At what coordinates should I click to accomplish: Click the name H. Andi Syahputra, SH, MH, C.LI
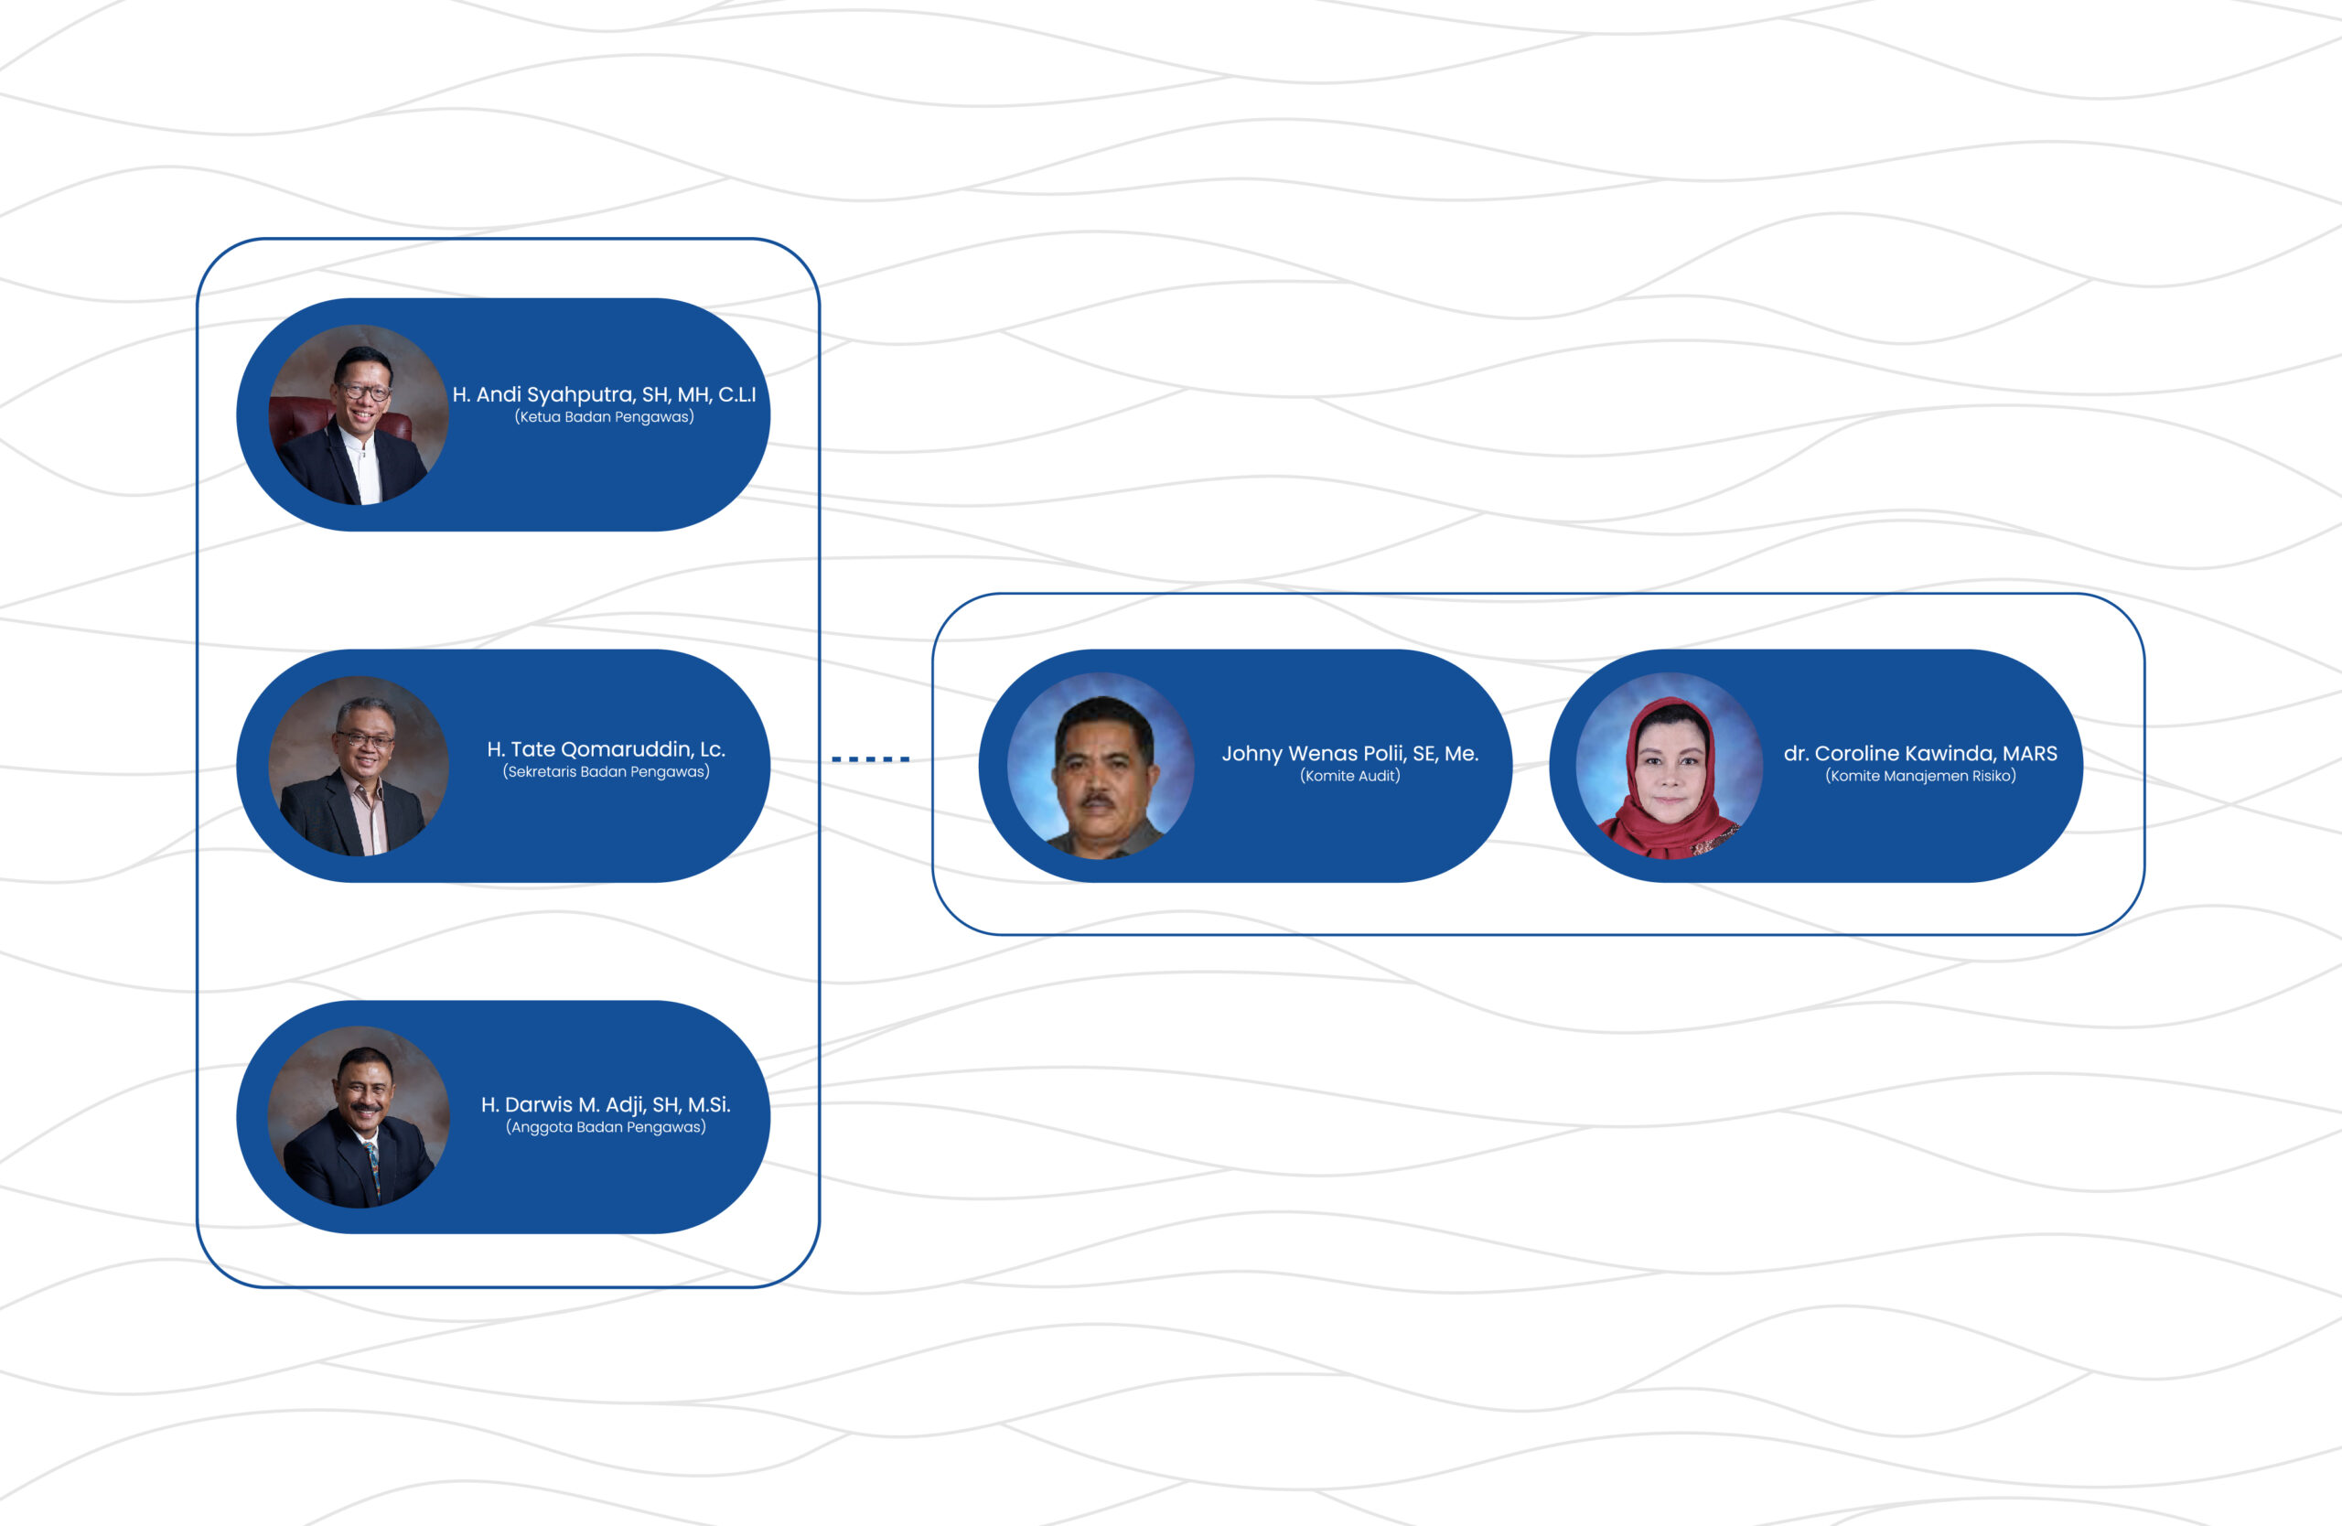(x=604, y=395)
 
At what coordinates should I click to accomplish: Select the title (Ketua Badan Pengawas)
(x=604, y=417)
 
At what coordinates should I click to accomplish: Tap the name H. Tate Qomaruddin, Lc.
(x=607, y=749)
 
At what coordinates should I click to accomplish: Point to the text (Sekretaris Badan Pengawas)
(x=607, y=772)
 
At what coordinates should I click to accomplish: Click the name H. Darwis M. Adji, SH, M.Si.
(x=607, y=1105)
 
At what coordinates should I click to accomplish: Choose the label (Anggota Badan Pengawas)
(x=607, y=1127)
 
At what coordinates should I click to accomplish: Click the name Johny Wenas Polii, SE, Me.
(x=1350, y=754)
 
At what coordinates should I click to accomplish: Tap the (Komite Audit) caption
(x=1350, y=777)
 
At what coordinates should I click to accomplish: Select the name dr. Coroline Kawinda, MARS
(x=1921, y=754)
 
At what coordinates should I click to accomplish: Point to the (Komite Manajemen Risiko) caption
(x=1921, y=777)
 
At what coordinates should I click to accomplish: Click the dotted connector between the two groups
(x=871, y=759)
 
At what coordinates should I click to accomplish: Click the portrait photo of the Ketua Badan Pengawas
(x=360, y=415)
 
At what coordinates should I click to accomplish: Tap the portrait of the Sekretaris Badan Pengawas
(x=360, y=767)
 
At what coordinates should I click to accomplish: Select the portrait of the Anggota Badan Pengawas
(x=360, y=1118)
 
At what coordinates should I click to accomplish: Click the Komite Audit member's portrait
(x=1101, y=767)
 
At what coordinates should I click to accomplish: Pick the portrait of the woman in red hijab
(x=1670, y=767)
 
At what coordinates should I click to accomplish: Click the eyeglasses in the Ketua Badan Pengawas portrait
(x=366, y=392)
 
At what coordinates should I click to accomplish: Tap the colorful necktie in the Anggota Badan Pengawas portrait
(x=373, y=1170)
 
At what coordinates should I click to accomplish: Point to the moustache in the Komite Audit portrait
(x=1098, y=801)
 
